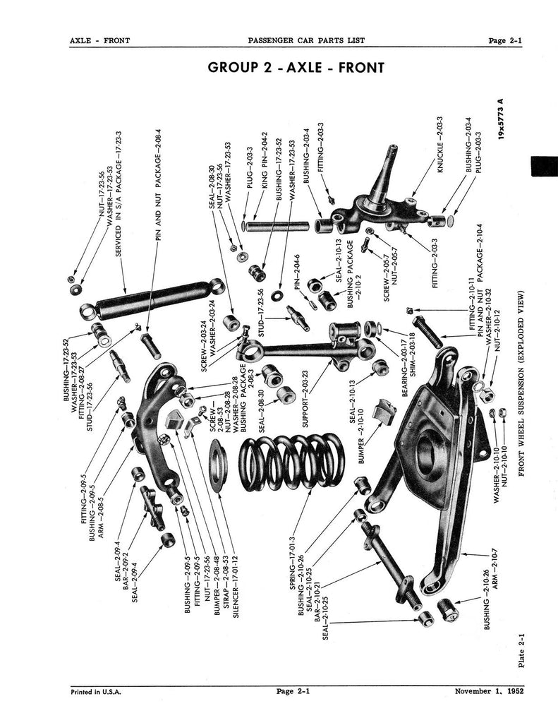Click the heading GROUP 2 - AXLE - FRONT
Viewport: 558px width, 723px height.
(x=296, y=68)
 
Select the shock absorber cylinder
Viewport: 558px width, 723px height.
(x=152, y=297)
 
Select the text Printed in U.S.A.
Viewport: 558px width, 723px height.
(x=96, y=692)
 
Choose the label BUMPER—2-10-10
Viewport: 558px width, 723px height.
(x=360, y=439)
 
